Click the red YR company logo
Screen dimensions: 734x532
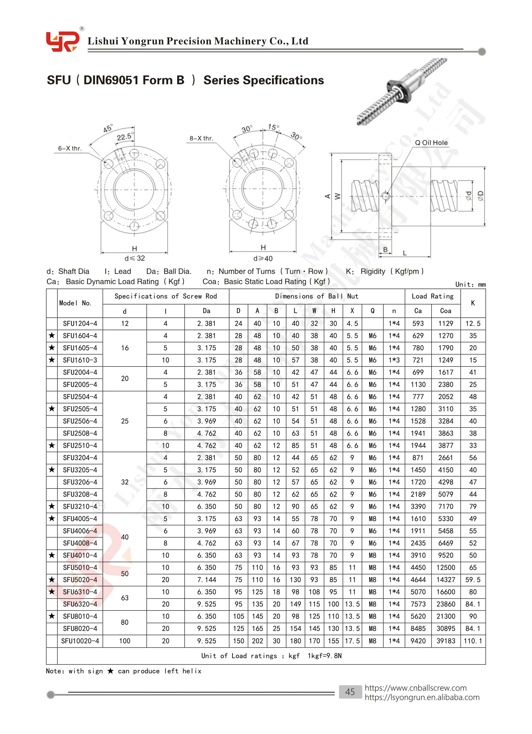point(63,41)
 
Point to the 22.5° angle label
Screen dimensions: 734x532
point(124,137)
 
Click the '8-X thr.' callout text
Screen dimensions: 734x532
point(201,138)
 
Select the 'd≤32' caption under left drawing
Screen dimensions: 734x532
point(134,258)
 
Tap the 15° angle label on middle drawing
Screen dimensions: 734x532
point(273,127)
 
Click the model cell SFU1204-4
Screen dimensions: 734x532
point(80,323)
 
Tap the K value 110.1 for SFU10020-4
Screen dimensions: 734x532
point(473,641)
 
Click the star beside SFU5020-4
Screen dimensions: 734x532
point(52,579)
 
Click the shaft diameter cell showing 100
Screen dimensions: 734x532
point(125,641)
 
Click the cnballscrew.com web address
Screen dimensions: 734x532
point(415,688)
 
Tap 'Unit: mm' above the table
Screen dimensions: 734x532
point(470,284)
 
